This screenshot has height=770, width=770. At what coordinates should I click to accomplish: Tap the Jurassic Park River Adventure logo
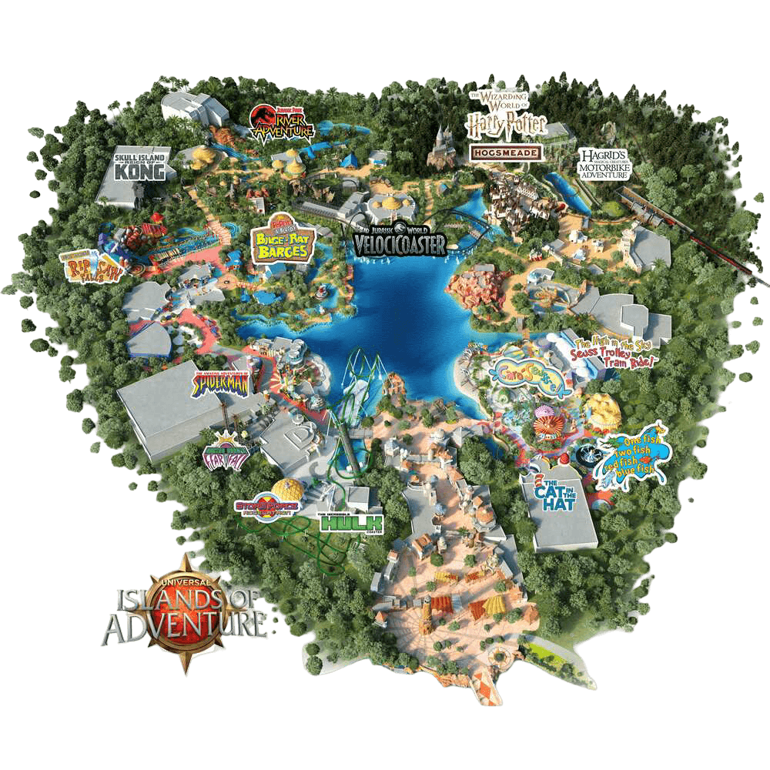pos(283,124)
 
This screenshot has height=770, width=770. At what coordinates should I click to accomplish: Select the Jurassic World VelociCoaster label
pos(400,239)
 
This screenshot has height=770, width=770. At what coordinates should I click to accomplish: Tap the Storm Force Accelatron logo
pos(266,506)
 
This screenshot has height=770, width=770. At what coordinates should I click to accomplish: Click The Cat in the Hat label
pos(559,494)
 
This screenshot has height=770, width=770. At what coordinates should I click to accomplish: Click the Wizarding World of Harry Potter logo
pos(507,114)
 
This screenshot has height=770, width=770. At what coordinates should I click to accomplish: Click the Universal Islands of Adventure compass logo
pos(185,611)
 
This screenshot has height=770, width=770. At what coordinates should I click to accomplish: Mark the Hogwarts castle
pos(441,147)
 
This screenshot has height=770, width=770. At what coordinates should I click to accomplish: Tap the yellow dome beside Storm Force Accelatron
pos(290,489)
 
